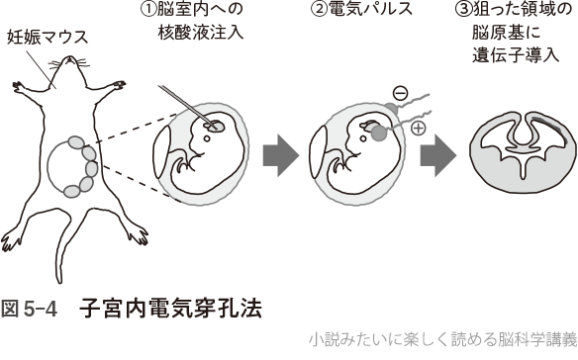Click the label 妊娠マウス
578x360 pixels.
pyautogui.click(x=48, y=38)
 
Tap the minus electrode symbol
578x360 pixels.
pyautogui.click(x=400, y=94)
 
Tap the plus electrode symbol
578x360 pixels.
pyautogui.click(x=418, y=129)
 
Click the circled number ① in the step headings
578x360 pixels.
pyautogui.click(x=147, y=10)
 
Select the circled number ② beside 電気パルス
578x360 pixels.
pyautogui.click(x=319, y=10)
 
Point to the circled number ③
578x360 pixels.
pyautogui.click(x=463, y=10)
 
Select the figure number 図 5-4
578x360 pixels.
pyautogui.click(x=30, y=310)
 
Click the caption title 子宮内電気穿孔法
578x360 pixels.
pyautogui.click(x=170, y=309)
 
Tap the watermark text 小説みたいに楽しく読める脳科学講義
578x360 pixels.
pyautogui.click(x=443, y=340)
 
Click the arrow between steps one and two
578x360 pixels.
pyautogui.click(x=281, y=155)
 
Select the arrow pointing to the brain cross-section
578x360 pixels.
pyautogui.click(x=438, y=155)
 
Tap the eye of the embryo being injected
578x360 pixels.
pyautogui.click(x=207, y=138)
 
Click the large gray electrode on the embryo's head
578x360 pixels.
pyautogui.click(x=379, y=133)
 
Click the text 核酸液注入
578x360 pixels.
pyautogui.click(x=201, y=33)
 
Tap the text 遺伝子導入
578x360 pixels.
pyautogui.click(x=516, y=56)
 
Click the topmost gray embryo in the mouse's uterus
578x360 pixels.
pyautogui.click(x=76, y=141)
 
